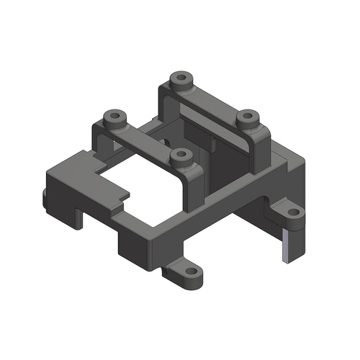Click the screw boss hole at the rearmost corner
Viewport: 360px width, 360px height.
[x=180, y=78]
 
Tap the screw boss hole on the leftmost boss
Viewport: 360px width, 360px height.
[x=114, y=115]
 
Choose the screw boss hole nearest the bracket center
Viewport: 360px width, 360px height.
[x=181, y=154]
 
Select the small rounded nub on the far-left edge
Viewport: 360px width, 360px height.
[x=45, y=197]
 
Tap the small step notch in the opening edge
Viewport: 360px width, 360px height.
[x=127, y=194]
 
